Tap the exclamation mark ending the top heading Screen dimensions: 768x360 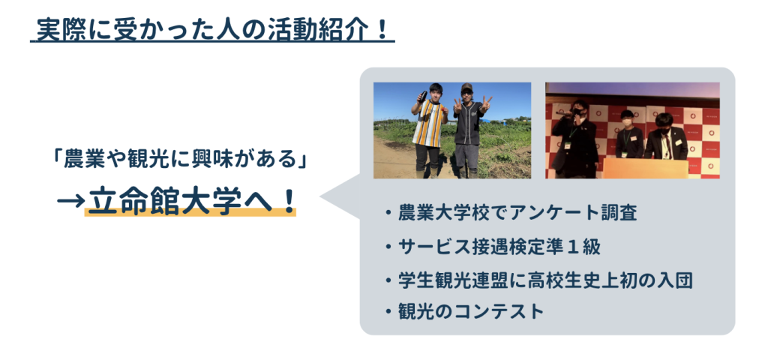(x=383, y=30)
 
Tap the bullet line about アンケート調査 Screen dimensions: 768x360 (x=511, y=214)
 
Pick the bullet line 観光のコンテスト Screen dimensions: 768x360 (x=465, y=311)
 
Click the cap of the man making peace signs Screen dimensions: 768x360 (x=466, y=88)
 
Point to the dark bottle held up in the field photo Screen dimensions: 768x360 (x=421, y=97)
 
